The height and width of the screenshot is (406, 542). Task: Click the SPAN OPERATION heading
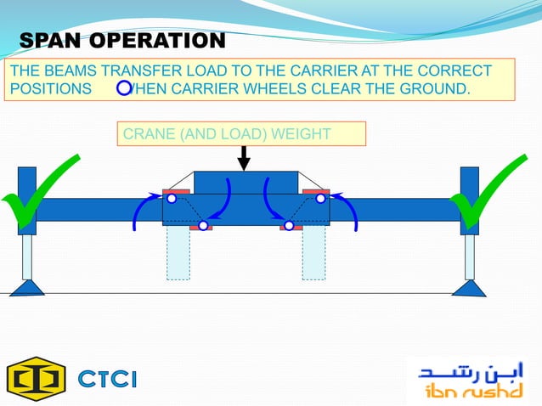pos(122,41)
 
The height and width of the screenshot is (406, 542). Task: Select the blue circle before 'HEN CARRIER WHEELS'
pos(124,88)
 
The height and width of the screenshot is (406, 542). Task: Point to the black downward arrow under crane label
pos(244,159)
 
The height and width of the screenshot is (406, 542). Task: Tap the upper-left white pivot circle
pos(171,199)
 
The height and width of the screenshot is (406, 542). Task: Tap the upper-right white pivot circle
pos(320,199)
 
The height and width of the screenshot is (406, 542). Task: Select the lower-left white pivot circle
pos(203,225)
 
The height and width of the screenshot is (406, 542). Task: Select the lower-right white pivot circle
pos(289,225)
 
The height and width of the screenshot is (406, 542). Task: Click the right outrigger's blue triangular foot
pos(469,288)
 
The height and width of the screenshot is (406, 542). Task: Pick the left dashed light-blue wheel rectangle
pos(178,252)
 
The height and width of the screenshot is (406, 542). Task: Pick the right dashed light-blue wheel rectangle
pos(313,252)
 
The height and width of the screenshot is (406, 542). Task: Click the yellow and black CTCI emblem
pos(36,377)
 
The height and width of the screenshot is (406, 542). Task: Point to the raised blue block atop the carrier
pos(246,183)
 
